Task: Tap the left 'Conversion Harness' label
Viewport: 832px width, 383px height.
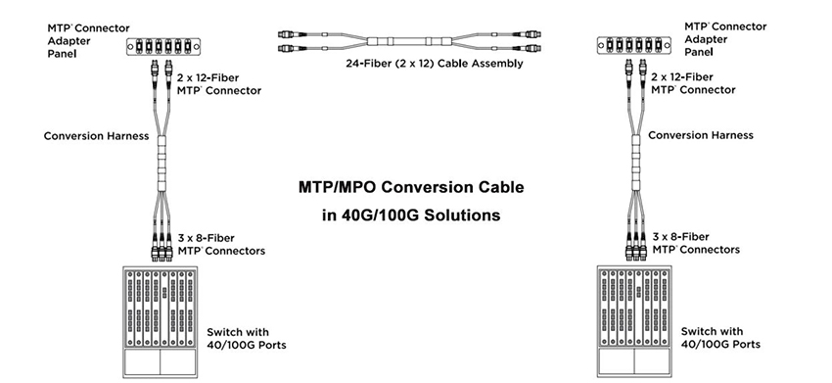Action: coord(96,136)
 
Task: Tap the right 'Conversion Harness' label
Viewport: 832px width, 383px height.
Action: coord(701,135)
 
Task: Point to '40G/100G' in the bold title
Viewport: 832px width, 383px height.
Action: coord(374,214)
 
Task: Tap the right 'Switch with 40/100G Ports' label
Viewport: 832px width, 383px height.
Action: coord(719,338)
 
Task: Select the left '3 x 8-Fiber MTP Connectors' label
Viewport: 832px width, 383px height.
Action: coord(221,243)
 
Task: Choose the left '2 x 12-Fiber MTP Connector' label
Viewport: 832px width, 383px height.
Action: coord(218,82)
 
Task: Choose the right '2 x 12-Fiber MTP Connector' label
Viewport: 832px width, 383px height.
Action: coord(692,82)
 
